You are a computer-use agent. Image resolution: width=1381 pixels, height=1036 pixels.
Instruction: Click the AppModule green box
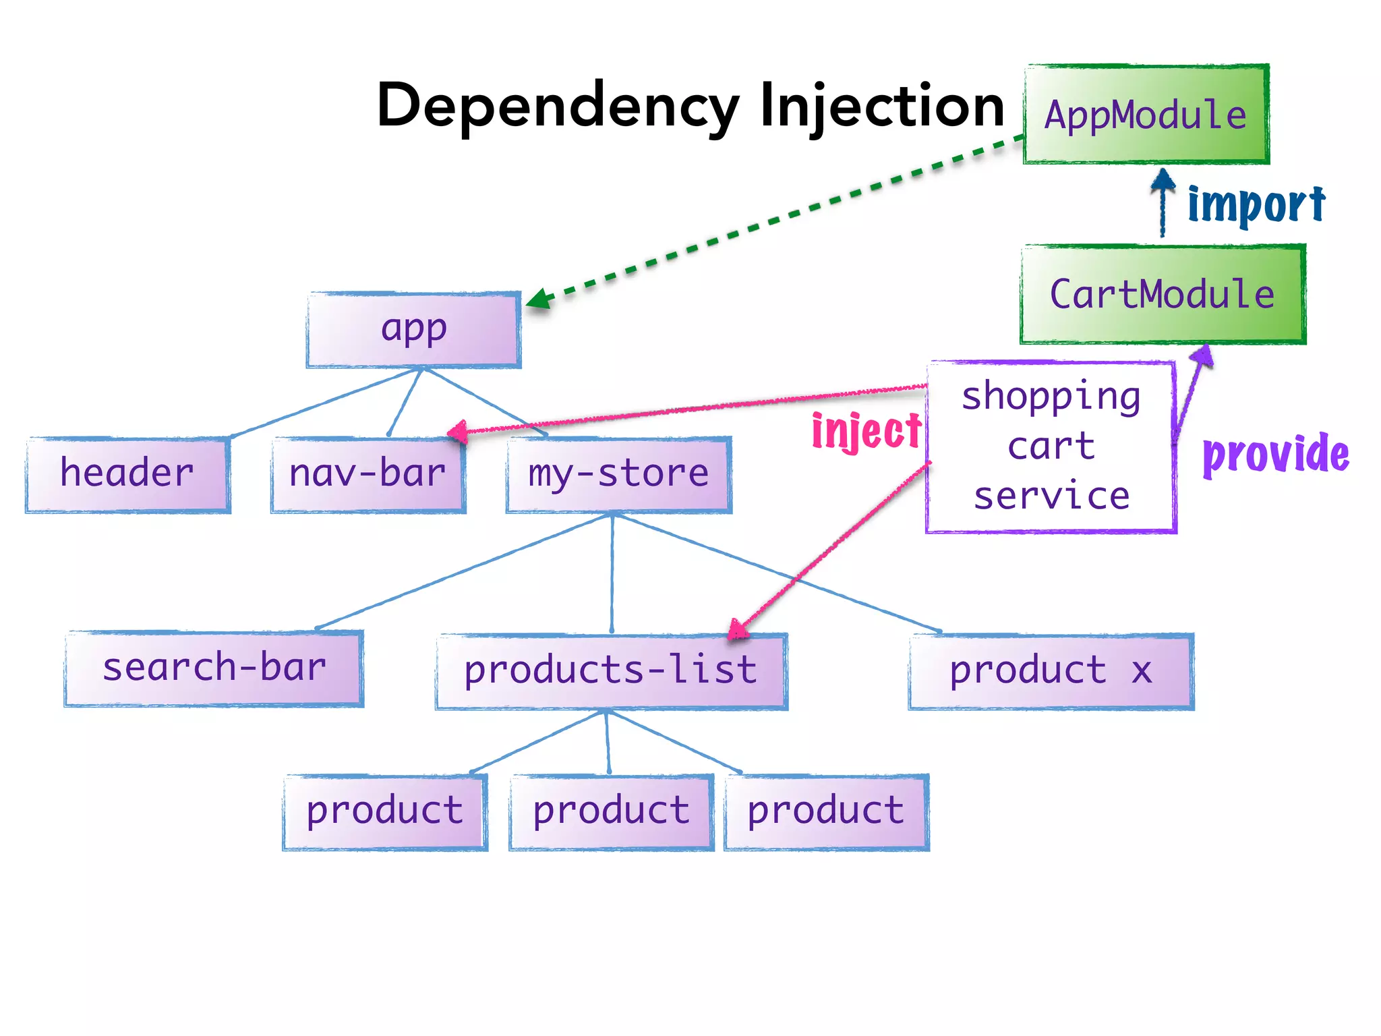pyautogui.click(x=1146, y=115)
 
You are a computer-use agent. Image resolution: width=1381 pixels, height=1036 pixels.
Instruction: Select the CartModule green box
pyautogui.click(x=1163, y=295)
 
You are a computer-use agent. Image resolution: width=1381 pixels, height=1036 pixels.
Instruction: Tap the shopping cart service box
pyautogui.click(x=1051, y=447)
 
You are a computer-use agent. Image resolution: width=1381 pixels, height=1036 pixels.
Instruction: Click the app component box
pyautogui.click(x=413, y=330)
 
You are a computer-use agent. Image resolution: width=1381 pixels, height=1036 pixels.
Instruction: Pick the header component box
pyautogui.click(x=127, y=474)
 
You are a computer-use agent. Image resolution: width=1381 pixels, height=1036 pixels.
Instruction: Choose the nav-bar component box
pyautogui.click(x=368, y=474)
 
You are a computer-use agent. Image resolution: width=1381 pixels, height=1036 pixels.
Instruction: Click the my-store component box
pyautogui.click(x=618, y=474)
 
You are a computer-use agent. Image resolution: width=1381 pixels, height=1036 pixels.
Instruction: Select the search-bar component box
pyautogui.click(x=214, y=668)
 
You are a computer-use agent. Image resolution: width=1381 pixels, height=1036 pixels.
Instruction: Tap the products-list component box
pyautogui.click(x=611, y=671)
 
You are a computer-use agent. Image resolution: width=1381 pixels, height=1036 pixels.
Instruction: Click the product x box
pyautogui.click(x=1051, y=671)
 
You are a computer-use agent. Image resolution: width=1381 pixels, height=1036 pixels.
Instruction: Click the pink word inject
pyautogui.click(x=866, y=431)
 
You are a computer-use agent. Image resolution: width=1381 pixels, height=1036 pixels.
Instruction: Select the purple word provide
pyautogui.click(x=1276, y=454)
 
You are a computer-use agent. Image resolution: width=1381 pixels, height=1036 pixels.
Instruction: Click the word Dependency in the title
pyautogui.click(x=558, y=107)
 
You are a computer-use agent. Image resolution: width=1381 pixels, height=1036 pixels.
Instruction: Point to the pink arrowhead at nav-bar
pyautogui.click(x=458, y=432)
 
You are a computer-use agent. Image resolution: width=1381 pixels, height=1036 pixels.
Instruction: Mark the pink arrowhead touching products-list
pyautogui.click(x=738, y=630)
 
